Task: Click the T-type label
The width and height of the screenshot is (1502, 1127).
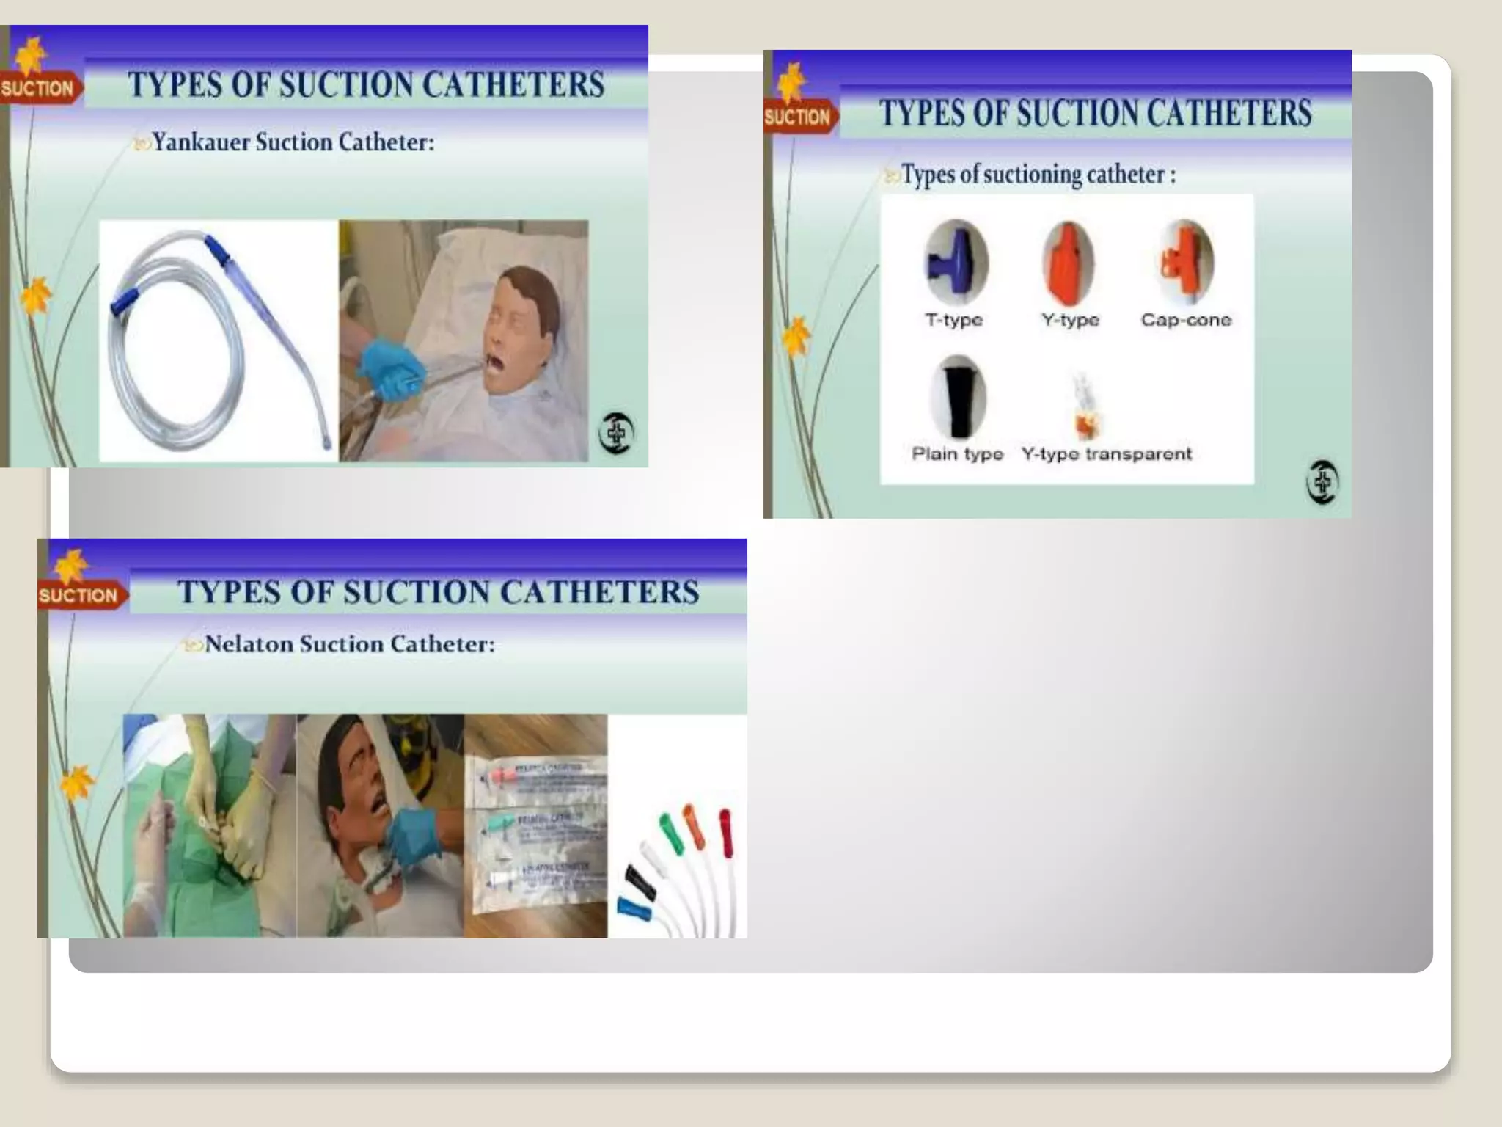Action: pos(953,320)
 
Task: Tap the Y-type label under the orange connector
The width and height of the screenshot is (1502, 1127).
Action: pos(1070,320)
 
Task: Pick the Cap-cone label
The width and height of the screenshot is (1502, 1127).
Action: pos(1186,320)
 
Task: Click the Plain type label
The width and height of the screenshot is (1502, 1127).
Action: pos(957,454)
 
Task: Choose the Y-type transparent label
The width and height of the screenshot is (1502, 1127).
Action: pos(1106,454)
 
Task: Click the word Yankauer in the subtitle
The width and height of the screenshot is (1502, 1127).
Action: pos(200,142)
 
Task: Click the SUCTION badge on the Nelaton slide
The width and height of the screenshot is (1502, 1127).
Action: pos(78,595)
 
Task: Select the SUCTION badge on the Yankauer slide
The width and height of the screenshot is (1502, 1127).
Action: pos(37,89)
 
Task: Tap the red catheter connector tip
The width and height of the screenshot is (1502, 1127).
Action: pos(725,833)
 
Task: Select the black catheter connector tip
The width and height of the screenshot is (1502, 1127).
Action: pos(640,883)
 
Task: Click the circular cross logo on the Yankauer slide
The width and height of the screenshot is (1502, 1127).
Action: pos(616,433)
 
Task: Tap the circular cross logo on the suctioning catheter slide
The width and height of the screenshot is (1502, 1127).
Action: pos(1322,482)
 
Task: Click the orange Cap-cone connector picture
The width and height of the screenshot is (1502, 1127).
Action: pos(1185,261)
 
